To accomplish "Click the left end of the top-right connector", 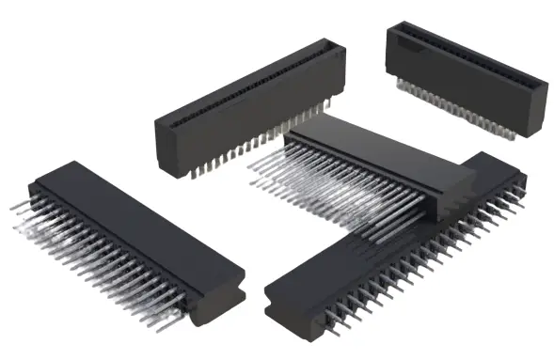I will pyautogui.click(x=392, y=47).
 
